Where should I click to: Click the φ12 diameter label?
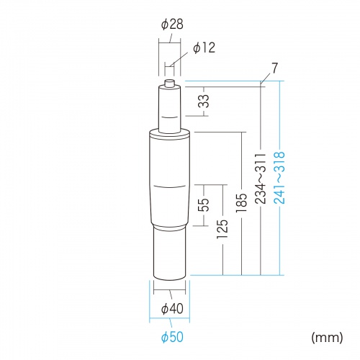pos(204,48)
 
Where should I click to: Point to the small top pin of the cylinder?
pos(170,84)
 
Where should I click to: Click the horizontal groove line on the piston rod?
pos(170,117)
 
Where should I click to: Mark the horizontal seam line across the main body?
pos(170,186)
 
